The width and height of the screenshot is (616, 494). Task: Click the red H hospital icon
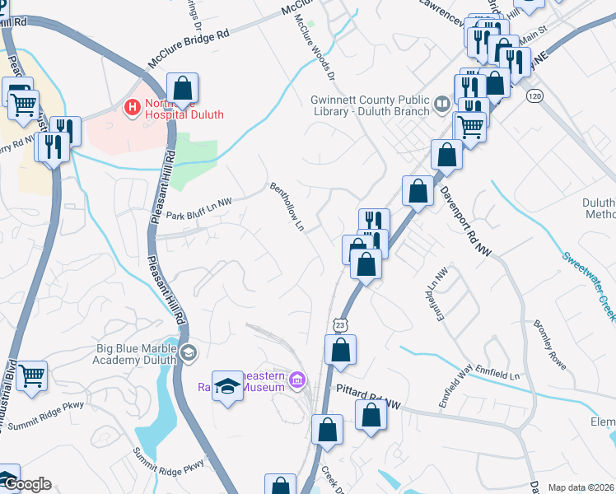[130, 107]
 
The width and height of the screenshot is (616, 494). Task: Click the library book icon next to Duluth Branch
[442, 104]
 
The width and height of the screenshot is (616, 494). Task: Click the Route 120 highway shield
[535, 96]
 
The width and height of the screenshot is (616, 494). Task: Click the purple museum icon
[296, 379]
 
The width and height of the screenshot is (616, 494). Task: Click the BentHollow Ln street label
[288, 207]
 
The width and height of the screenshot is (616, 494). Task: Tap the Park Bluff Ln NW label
[199, 216]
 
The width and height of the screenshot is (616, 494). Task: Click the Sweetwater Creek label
[590, 279]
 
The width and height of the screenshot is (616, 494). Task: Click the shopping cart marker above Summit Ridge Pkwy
[31, 376]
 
